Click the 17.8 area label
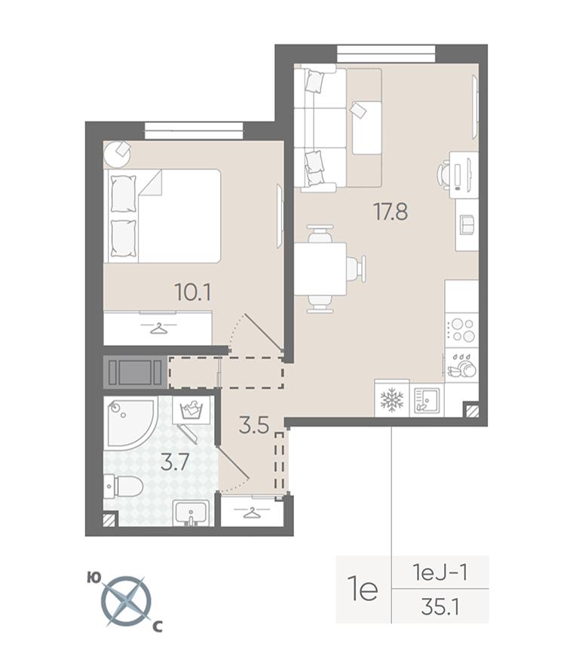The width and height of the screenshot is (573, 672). tap(391, 211)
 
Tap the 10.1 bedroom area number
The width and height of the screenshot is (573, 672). tap(193, 293)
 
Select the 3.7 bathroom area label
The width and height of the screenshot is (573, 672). tap(176, 463)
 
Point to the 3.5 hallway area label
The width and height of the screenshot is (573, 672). tap(254, 426)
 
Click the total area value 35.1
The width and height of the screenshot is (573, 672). tap(440, 607)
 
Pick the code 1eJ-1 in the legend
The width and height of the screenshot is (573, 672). tap(440, 572)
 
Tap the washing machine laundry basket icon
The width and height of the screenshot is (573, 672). tap(192, 410)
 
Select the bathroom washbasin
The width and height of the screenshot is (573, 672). tap(191, 513)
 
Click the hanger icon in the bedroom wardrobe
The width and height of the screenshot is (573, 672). tap(158, 328)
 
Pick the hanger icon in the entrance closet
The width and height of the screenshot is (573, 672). tap(252, 512)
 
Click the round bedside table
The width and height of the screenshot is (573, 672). tap(118, 154)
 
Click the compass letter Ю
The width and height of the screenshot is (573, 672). tap(93, 578)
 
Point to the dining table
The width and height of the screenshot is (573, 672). tap(320, 269)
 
